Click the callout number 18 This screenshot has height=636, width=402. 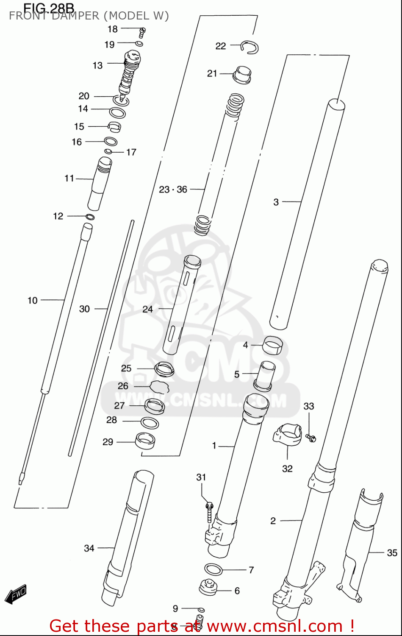(x=113, y=29)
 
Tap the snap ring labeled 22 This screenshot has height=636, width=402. (x=250, y=47)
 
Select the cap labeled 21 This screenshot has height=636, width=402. (x=242, y=75)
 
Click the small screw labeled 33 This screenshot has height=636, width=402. (x=311, y=438)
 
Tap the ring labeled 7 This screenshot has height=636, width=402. (x=213, y=569)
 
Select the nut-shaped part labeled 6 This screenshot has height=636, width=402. (x=208, y=588)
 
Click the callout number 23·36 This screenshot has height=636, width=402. (x=173, y=190)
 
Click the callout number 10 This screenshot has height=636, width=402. (x=33, y=301)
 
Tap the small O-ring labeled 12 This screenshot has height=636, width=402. (x=90, y=217)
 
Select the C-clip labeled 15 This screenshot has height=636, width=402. (x=114, y=126)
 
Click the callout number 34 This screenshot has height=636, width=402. (x=89, y=548)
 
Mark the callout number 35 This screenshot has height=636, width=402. (x=392, y=553)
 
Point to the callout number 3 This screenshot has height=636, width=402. (x=276, y=202)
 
